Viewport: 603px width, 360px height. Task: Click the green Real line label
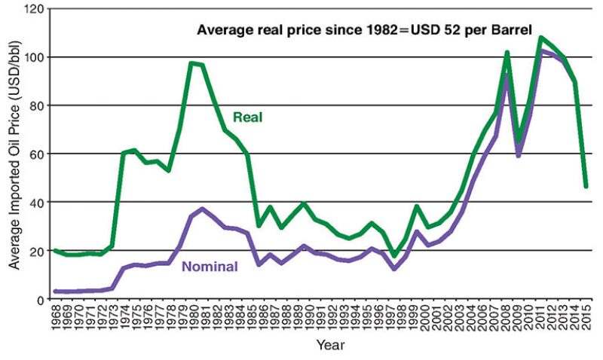(x=246, y=117)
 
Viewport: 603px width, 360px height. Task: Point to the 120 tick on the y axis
(x=34, y=9)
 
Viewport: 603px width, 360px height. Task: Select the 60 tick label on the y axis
(x=37, y=154)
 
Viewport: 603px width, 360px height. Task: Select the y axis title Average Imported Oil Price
(x=14, y=154)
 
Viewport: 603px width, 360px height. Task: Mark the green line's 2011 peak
(x=541, y=37)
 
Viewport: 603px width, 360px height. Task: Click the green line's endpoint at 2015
(x=586, y=186)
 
